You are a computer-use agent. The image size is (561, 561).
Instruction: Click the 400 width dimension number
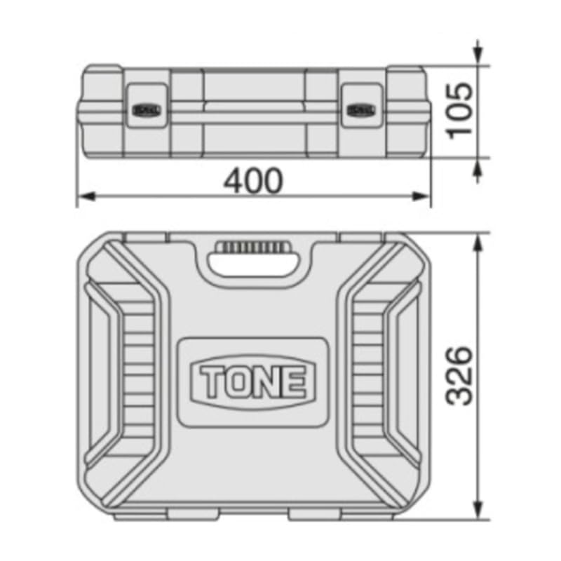(253, 181)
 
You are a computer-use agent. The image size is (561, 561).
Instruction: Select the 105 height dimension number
(461, 111)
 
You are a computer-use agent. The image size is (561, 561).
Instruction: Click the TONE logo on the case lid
(253, 381)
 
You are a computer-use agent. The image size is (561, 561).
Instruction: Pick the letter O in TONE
(236, 381)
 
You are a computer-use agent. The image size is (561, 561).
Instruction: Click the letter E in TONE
(296, 381)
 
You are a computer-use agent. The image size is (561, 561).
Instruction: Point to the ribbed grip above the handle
(254, 248)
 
